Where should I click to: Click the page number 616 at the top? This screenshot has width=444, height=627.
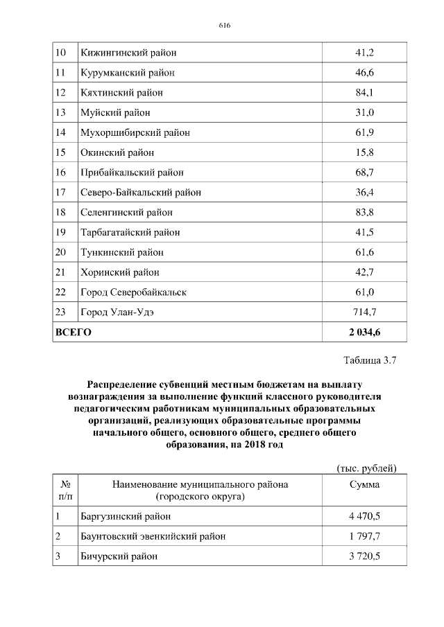[223, 26]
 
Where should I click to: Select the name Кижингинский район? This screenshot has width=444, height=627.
[128, 52]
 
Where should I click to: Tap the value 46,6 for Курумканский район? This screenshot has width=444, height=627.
[365, 72]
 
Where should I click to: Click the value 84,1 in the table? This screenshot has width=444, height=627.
[365, 92]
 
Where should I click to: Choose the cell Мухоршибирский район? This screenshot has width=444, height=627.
[135, 132]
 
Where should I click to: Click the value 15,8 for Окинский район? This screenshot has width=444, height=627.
[365, 152]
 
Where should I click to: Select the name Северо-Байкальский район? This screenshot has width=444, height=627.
[141, 192]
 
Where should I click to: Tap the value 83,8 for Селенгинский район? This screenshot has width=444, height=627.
[365, 212]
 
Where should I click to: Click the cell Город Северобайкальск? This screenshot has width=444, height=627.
[133, 292]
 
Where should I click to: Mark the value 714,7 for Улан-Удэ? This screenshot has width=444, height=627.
[365, 312]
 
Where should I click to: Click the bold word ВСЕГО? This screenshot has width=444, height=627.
[73, 333]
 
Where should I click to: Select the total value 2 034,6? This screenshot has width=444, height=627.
[365, 333]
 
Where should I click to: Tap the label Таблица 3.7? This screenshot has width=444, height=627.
[369, 360]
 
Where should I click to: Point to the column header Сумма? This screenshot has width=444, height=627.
[365, 484]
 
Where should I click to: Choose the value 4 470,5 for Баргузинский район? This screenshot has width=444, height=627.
[365, 516]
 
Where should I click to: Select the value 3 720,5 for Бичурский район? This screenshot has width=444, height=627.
[365, 556]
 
